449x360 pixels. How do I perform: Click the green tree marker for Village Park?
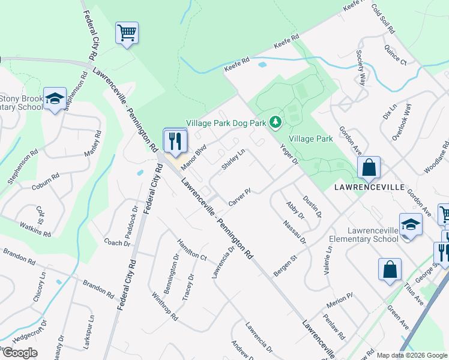point(276,122)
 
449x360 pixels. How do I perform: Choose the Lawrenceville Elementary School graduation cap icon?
point(411,225)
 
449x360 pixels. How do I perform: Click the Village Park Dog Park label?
point(226,123)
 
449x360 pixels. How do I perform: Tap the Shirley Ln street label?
point(233,160)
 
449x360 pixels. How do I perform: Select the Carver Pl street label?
point(239,197)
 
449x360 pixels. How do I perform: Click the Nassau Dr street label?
point(295,232)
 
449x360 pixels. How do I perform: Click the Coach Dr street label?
point(117,243)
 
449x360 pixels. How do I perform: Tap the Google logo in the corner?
point(19,353)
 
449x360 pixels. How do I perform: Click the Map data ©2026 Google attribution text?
point(412,355)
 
